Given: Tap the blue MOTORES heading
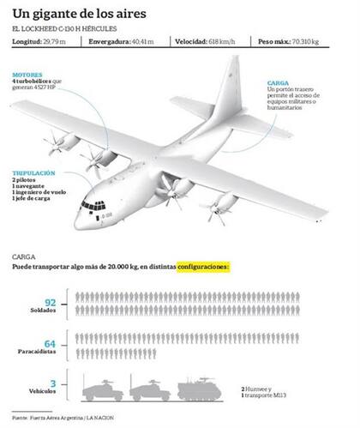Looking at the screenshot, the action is tap(27, 75).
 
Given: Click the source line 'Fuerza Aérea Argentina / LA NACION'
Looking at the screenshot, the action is tap(63, 418).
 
